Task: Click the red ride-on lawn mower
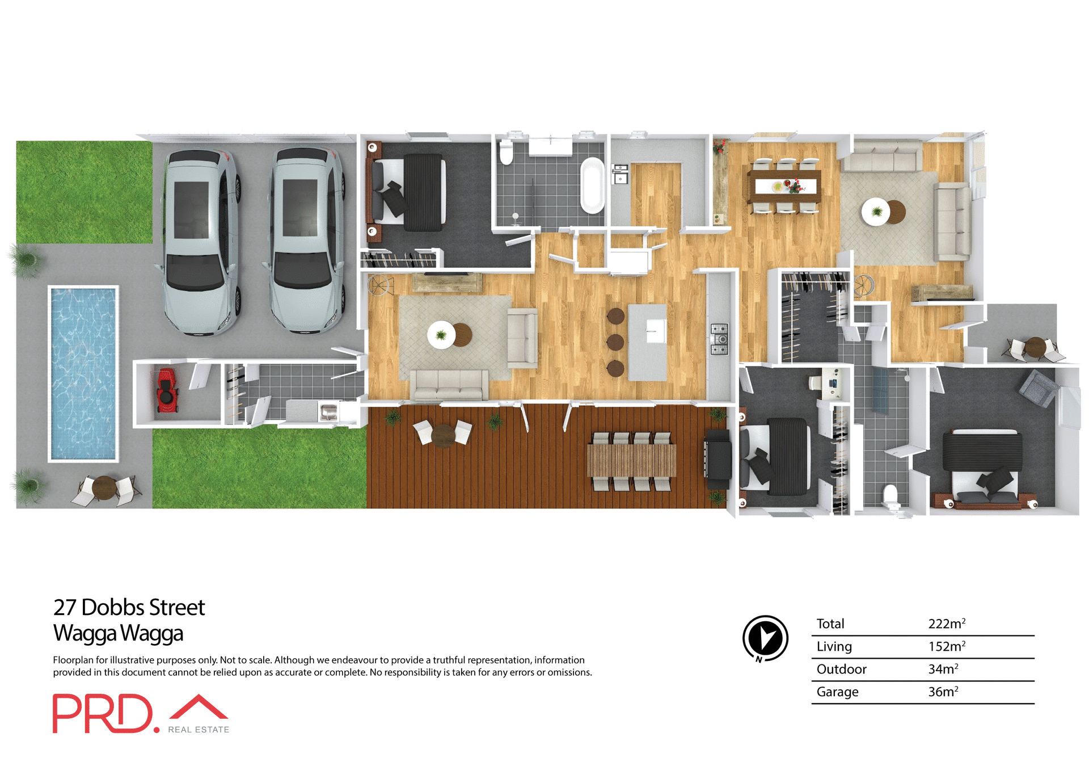pos(166,390)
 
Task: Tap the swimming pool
pos(83,373)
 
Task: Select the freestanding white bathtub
pos(592,185)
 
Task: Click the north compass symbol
pos(765,638)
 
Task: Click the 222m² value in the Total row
pos(946,624)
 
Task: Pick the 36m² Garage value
pos(943,692)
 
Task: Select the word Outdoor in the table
pos(841,669)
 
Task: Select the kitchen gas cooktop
pos(719,339)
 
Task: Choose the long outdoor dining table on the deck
pos(631,460)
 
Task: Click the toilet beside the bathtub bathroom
pos(506,152)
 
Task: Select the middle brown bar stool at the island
pos(615,342)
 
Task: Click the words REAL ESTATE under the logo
pos(199,730)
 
